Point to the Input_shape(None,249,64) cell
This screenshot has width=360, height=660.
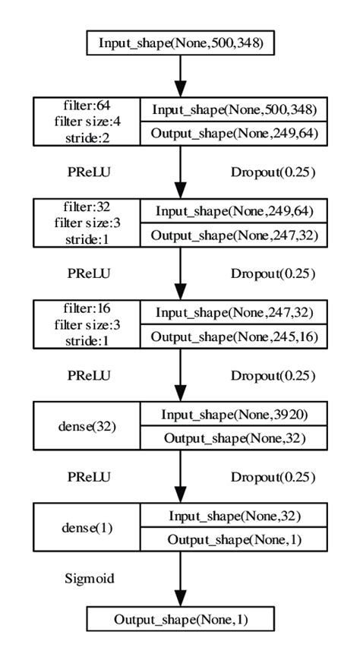(233, 210)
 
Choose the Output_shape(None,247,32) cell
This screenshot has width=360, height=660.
(233, 235)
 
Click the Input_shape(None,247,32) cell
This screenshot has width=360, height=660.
(233, 312)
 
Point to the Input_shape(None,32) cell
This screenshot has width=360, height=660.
(233, 516)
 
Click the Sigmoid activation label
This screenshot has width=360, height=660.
(88, 579)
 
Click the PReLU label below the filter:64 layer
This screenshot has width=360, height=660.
(90, 172)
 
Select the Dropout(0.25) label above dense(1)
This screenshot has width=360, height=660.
(272, 477)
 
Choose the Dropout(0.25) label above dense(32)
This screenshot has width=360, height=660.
(272, 375)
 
